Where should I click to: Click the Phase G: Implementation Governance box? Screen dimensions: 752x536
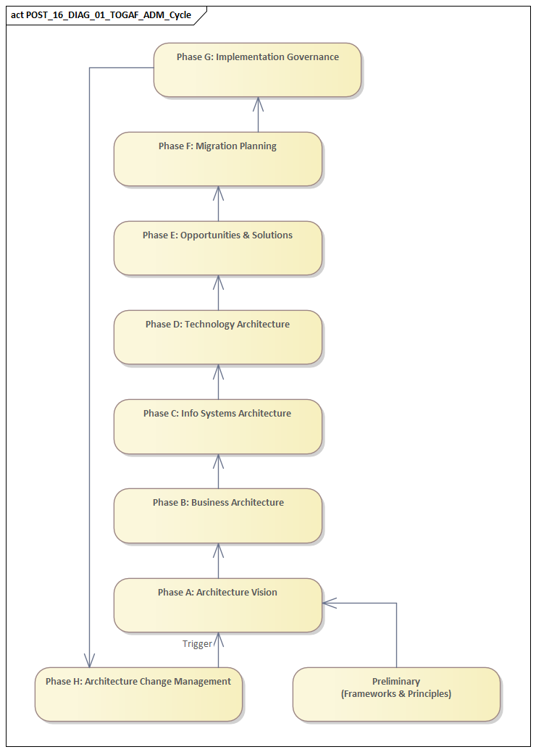257,70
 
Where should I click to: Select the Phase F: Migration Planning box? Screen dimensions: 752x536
217,159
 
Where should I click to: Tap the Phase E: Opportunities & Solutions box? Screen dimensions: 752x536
217,248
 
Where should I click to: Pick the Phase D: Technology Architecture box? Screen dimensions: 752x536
217,337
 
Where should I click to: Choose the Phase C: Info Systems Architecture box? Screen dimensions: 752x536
217,426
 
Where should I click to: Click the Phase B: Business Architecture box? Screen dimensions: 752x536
217,515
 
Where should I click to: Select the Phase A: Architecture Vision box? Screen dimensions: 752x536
217,605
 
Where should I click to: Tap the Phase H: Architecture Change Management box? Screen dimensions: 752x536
138,694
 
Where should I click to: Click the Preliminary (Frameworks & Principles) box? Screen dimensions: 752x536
396,694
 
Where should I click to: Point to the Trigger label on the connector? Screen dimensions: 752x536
197,643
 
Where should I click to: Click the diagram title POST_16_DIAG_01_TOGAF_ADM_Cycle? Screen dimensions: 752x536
109,14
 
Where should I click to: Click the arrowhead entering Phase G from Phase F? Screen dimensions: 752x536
258,104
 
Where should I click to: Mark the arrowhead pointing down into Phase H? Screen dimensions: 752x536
89,660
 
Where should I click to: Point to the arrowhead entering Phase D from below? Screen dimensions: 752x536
218,371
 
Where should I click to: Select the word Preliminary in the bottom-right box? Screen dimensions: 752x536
395,681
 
